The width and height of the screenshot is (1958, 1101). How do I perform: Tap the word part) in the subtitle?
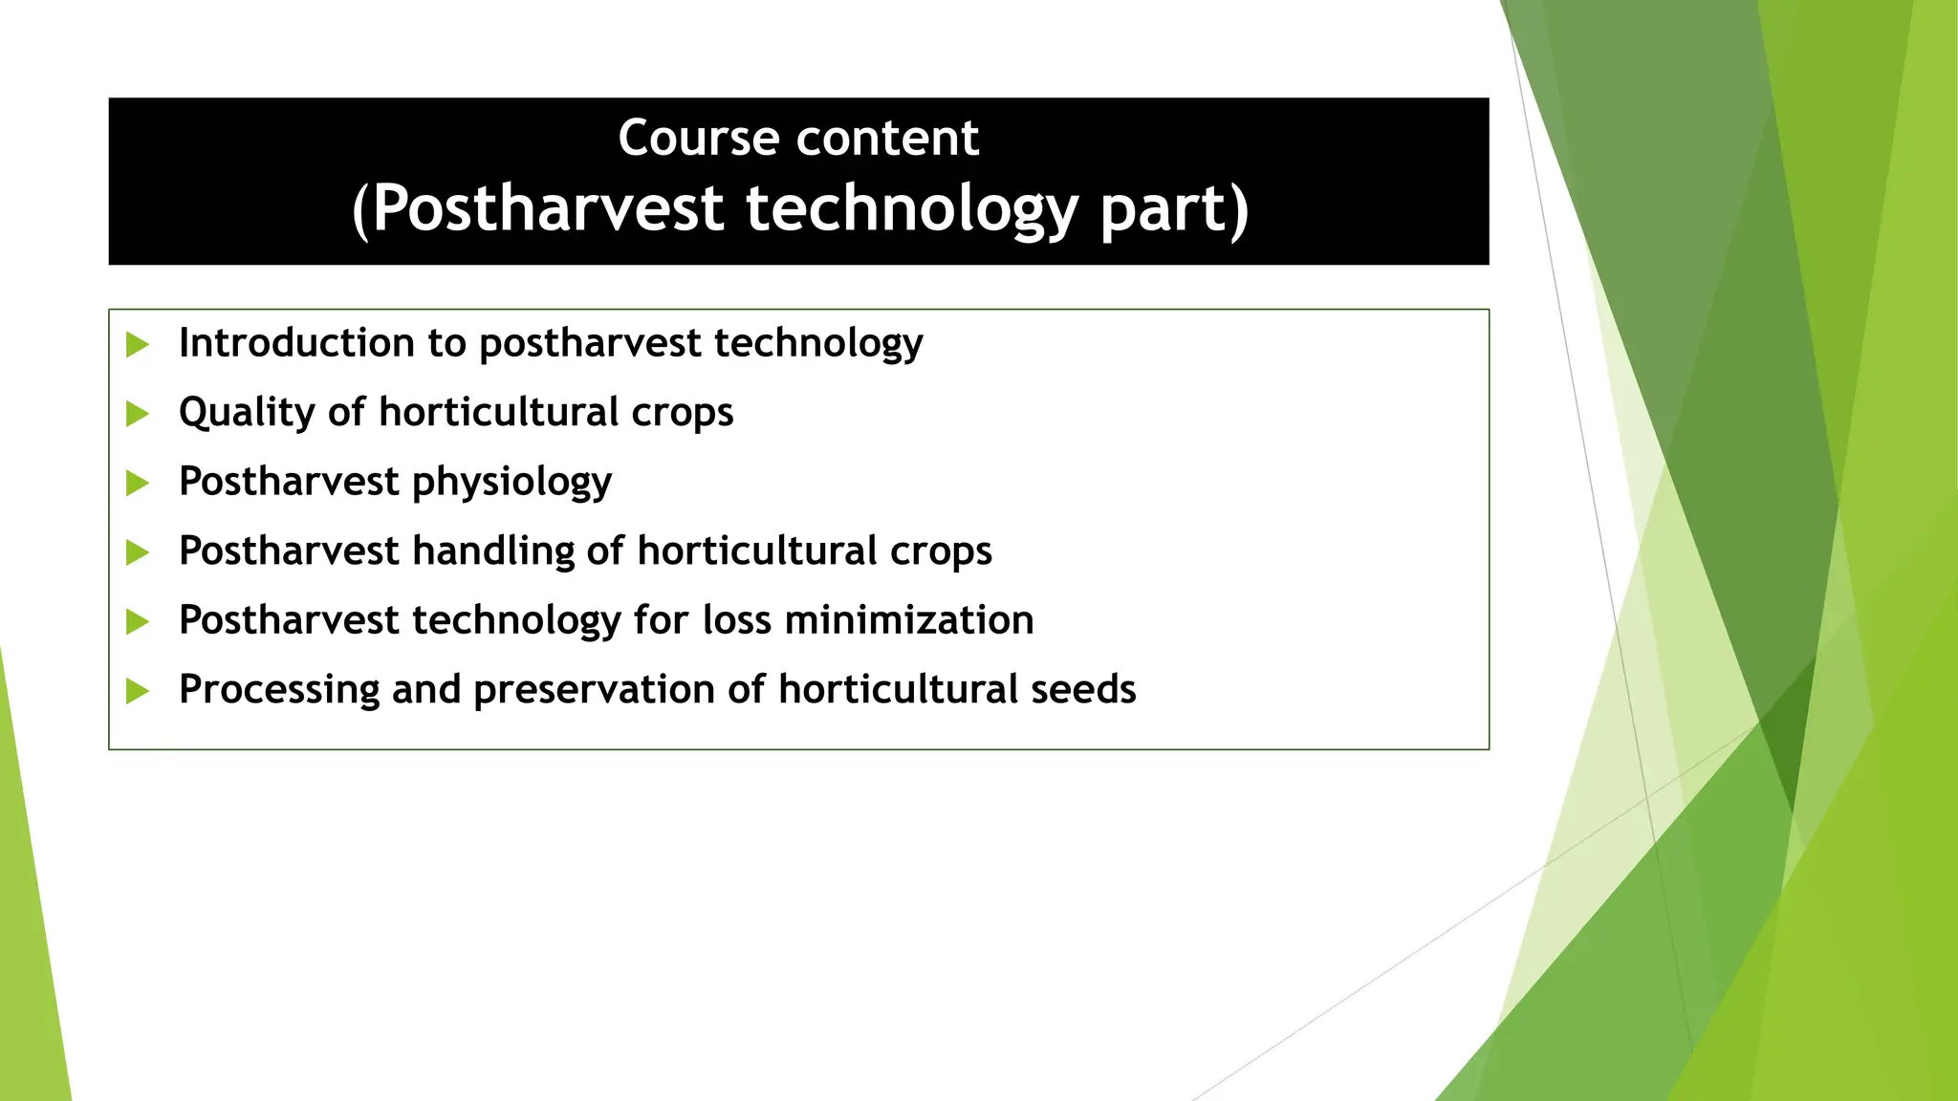pyautogui.click(x=1174, y=208)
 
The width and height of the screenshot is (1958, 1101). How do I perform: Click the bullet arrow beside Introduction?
pyautogui.click(x=138, y=344)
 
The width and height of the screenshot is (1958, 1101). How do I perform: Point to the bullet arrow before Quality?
pyautogui.click(x=138, y=414)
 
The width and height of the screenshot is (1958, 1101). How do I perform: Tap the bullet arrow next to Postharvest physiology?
pyautogui.click(x=138, y=483)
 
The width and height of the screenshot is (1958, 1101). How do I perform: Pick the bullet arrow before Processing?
pyautogui.click(x=138, y=690)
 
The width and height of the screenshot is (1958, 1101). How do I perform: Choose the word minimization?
pyautogui.click(x=909, y=620)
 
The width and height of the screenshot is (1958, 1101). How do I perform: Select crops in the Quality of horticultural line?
pyautogui.click(x=682, y=413)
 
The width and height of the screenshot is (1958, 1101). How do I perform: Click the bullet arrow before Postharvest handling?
pyautogui.click(x=138, y=552)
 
